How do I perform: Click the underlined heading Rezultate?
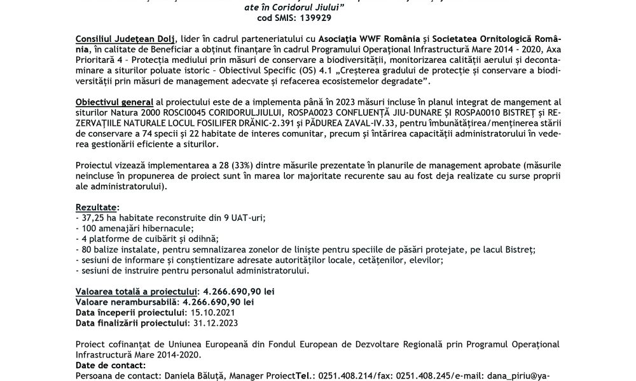pos(96,208)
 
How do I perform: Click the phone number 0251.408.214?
pos(358,376)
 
